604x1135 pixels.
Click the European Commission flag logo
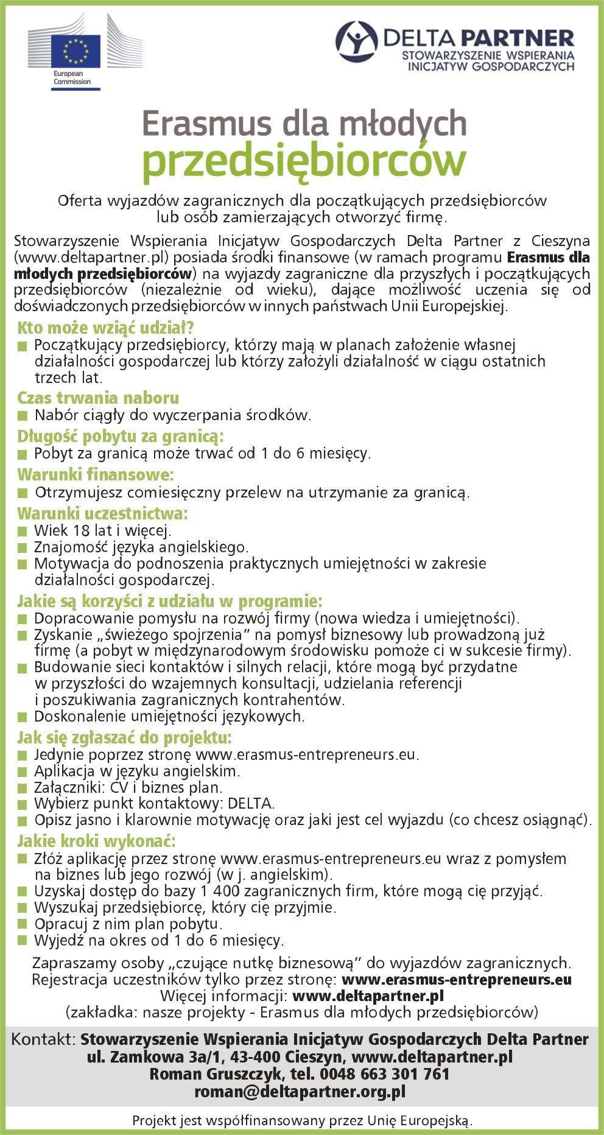tap(75, 51)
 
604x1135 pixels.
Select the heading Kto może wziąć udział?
tap(105, 328)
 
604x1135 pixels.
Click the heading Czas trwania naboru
tap(98, 398)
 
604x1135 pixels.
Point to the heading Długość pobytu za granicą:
tap(121, 437)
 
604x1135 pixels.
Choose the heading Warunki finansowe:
tap(96, 474)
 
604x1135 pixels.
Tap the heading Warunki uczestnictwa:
tap(102, 513)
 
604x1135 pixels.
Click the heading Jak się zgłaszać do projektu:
tap(124, 738)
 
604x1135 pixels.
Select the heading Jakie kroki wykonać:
tap(96, 842)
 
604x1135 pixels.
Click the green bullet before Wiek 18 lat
tap(23, 531)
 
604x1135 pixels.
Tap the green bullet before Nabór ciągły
tap(23, 416)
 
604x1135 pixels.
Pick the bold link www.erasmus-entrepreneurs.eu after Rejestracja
tap(457, 980)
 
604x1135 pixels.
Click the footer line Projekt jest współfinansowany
tap(302, 1120)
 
